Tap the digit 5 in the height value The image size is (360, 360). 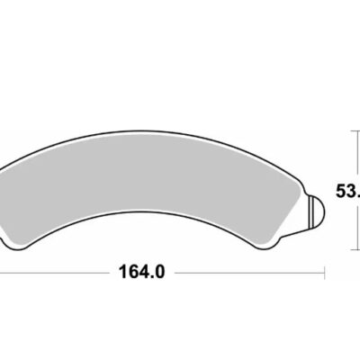[341, 191]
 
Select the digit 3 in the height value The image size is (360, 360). [352, 191]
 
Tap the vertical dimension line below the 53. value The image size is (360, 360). [350, 225]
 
